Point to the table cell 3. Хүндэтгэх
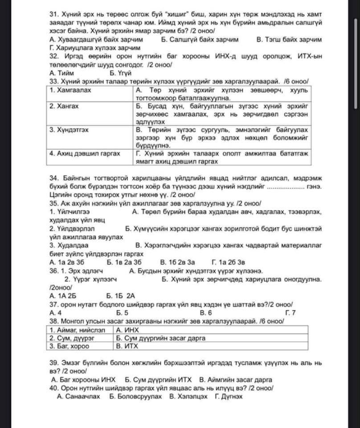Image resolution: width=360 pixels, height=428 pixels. click(69, 130)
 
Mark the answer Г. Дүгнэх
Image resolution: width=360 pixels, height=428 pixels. click(229, 396)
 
